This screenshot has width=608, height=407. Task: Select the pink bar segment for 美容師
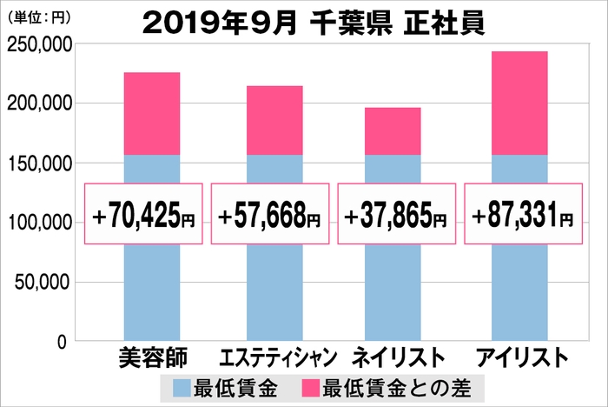click(x=151, y=114)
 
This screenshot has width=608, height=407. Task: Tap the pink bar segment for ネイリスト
click(x=393, y=131)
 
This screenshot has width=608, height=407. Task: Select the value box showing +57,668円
click(x=271, y=213)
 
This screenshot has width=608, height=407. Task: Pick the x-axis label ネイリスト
click(x=397, y=358)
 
